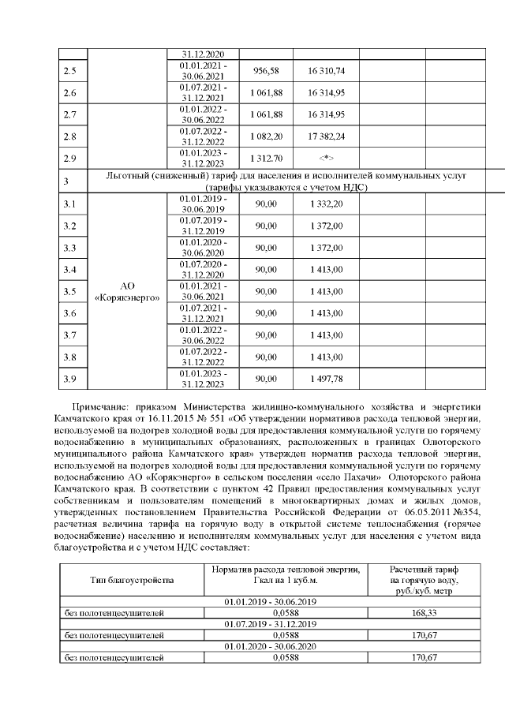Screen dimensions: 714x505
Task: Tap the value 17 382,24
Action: tap(326, 136)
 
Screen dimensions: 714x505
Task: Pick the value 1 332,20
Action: tap(326, 204)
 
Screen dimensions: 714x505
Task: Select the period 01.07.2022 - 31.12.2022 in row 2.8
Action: tap(204, 136)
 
